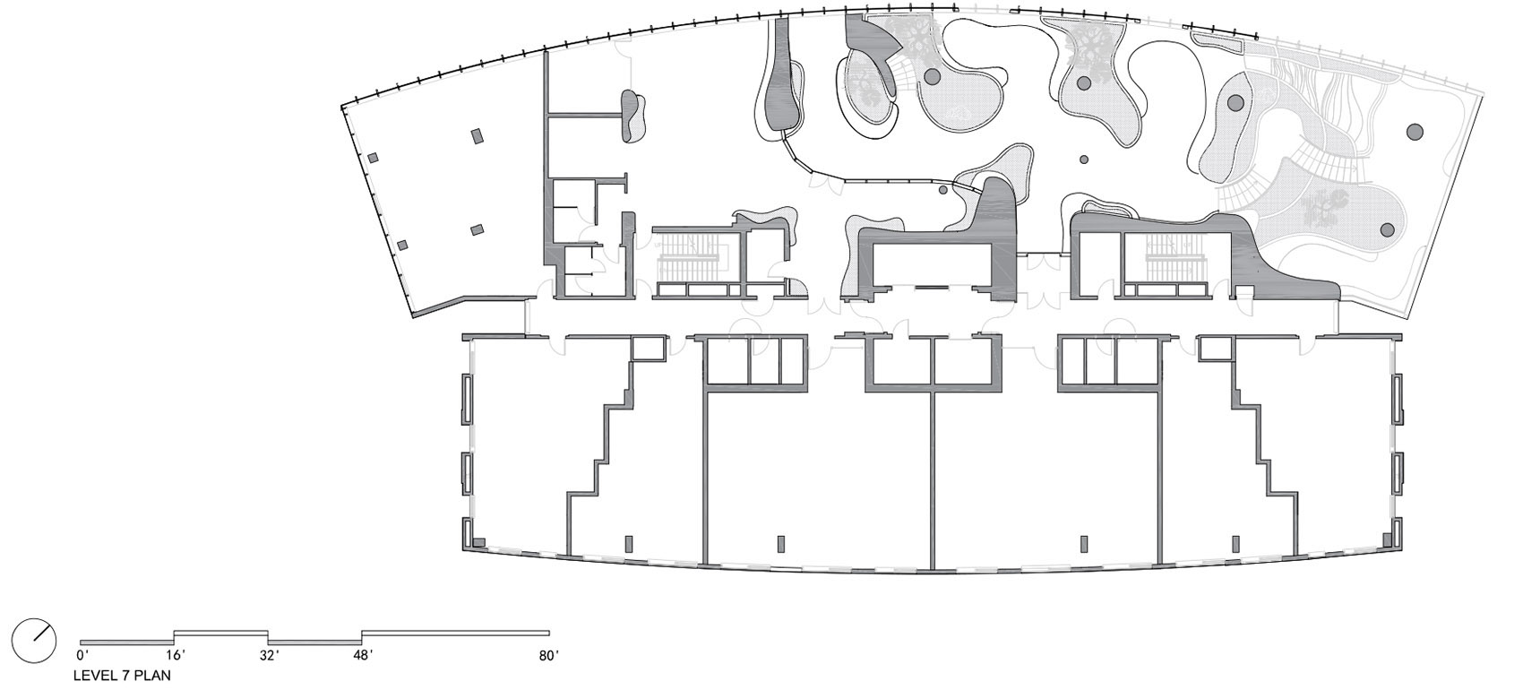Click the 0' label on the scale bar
tap(82, 655)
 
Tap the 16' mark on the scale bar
tap(176, 655)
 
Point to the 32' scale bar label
tap(270, 655)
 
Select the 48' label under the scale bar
tap(363, 655)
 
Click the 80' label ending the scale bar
tap(549, 655)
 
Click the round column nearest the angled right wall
tap(1415, 132)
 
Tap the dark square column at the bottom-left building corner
tap(478, 542)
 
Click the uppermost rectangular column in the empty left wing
tap(478, 136)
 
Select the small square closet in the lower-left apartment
tap(649, 349)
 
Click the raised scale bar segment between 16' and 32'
tap(221, 633)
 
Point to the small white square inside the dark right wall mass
tap(1243, 292)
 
